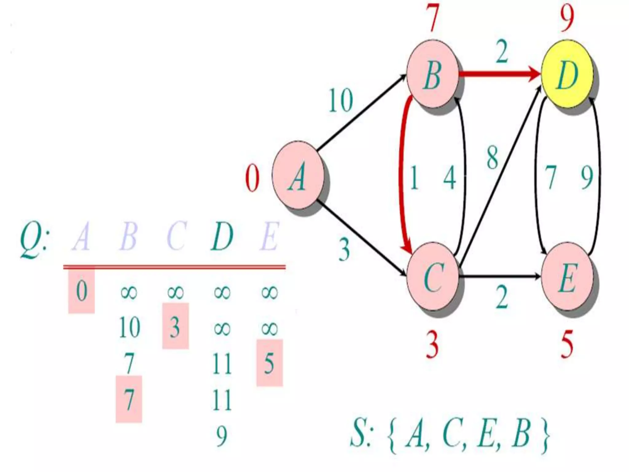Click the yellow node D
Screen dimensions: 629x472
pyautogui.click(x=567, y=74)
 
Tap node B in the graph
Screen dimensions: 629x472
pyautogui.click(x=432, y=74)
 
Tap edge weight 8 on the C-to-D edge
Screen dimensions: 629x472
pyautogui.click(x=492, y=158)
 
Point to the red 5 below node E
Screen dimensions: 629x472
pyautogui.click(x=567, y=345)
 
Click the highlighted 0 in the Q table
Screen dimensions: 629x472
pyautogui.click(x=81, y=291)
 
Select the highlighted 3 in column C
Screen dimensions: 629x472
pyautogui.click(x=175, y=326)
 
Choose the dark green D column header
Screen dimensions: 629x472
pyautogui.click(x=222, y=237)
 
